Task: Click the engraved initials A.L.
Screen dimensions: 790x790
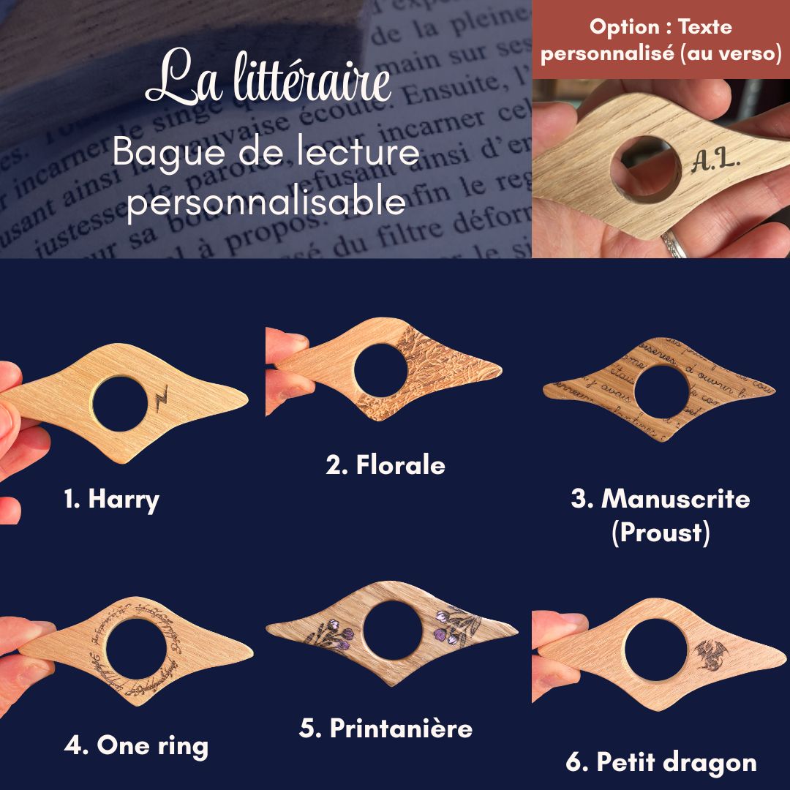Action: (715, 159)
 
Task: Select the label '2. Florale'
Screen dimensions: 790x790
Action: (385, 465)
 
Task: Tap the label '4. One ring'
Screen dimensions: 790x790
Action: (136, 745)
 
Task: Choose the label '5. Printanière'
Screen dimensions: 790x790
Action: (385, 728)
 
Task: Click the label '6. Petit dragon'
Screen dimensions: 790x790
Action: (661, 762)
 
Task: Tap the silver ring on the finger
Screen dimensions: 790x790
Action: (674, 244)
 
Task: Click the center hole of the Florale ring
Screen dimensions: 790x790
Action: (380, 372)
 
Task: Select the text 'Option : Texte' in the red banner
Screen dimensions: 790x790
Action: (661, 28)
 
